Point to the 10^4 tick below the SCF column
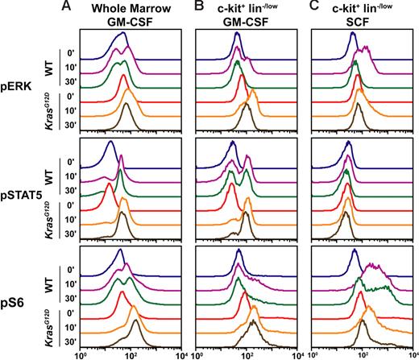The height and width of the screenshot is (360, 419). [410, 353]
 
